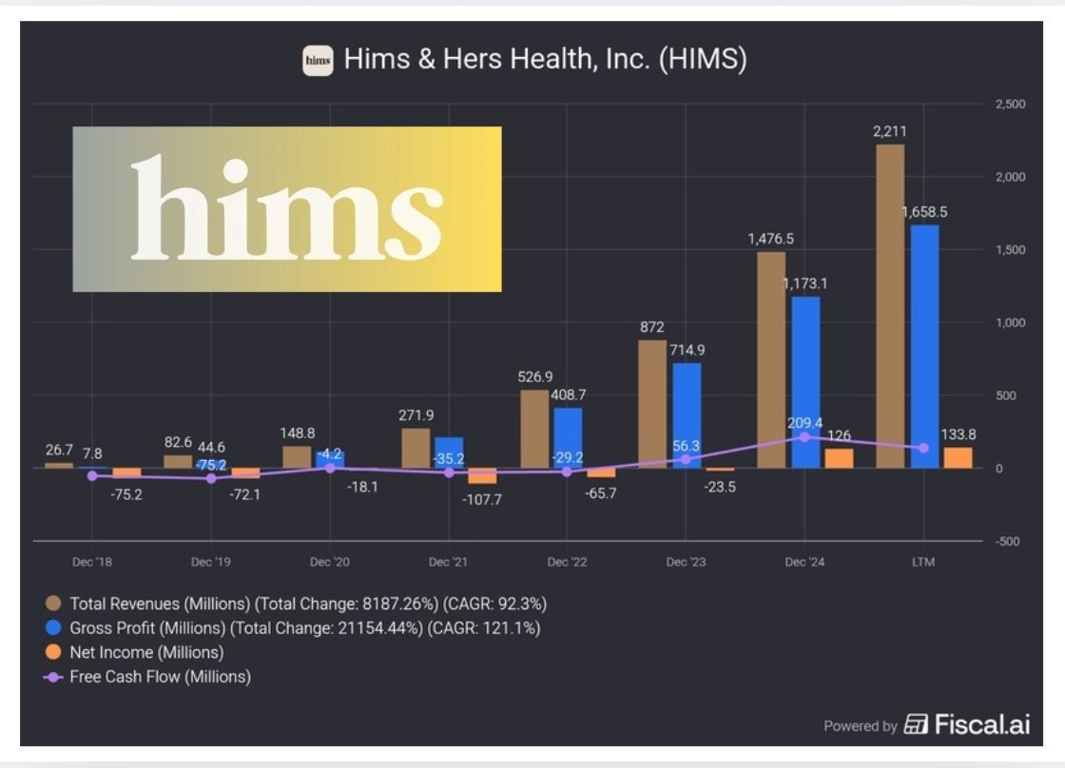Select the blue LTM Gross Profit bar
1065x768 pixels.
pos(924,346)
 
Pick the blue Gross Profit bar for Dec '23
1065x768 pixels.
pos(687,415)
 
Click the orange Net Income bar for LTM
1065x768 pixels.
pos(958,458)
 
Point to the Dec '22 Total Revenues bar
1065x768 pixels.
pos(534,429)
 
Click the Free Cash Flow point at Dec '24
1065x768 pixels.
pos(804,437)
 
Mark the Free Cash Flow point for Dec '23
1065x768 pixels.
pos(686,459)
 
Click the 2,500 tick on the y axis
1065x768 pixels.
pos(1009,104)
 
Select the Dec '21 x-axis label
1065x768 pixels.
pos(448,562)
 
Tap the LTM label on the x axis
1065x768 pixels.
pos(923,562)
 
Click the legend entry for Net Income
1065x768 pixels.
pos(146,652)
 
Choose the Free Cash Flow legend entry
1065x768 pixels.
pos(160,677)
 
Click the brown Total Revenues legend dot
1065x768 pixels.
pos(54,603)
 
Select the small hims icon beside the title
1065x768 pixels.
pos(318,61)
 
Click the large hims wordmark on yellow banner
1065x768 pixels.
pos(286,208)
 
